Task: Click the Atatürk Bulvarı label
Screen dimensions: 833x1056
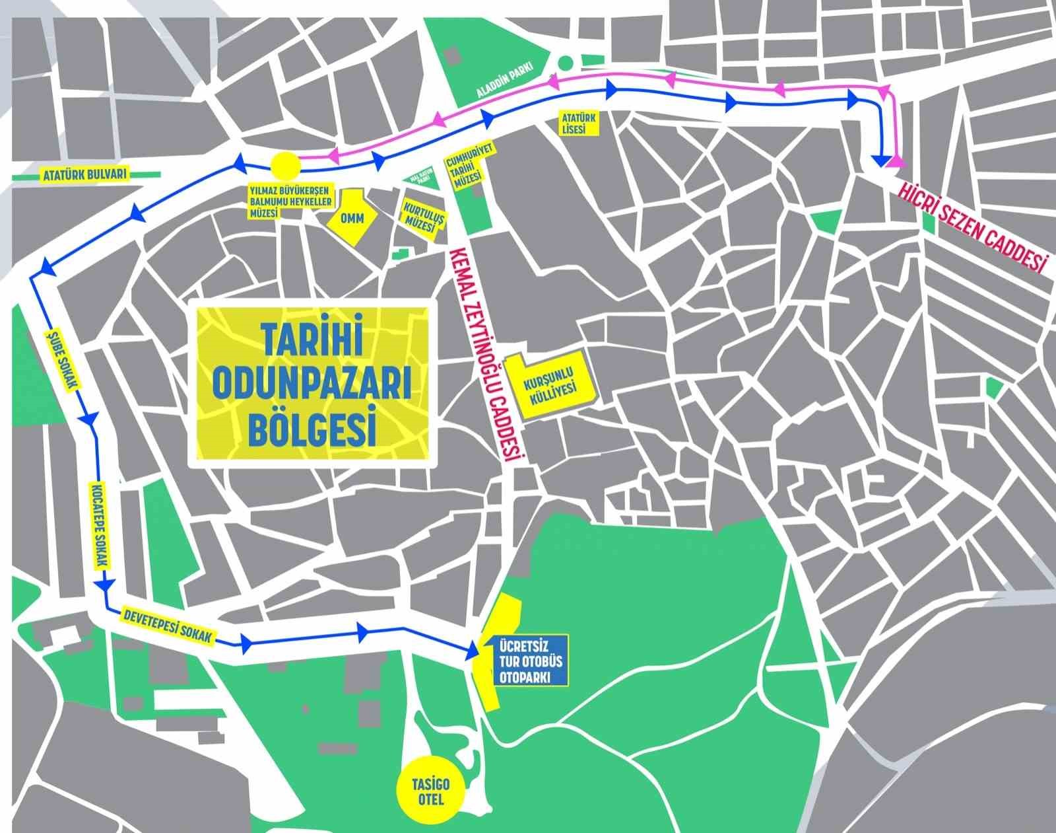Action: [x=82, y=175]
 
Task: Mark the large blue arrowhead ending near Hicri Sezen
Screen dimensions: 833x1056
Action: [x=880, y=161]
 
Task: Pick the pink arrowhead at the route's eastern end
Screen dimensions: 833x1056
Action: [x=896, y=160]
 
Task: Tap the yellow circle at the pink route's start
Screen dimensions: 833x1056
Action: [x=286, y=164]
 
